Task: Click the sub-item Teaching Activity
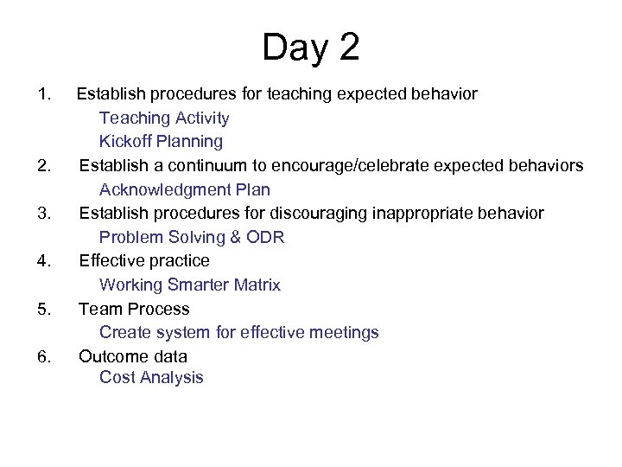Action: tap(164, 117)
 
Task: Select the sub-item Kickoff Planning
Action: tap(161, 141)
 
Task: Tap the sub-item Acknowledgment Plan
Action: tap(184, 189)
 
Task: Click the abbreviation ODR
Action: tap(263, 237)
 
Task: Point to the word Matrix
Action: tap(254, 285)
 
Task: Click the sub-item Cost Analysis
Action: tap(151, 377)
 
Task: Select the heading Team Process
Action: tap(134, 309)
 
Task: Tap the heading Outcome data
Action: tap(133, 356)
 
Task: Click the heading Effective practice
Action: tap(144, 260)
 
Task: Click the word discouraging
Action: tap(334, 213)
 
